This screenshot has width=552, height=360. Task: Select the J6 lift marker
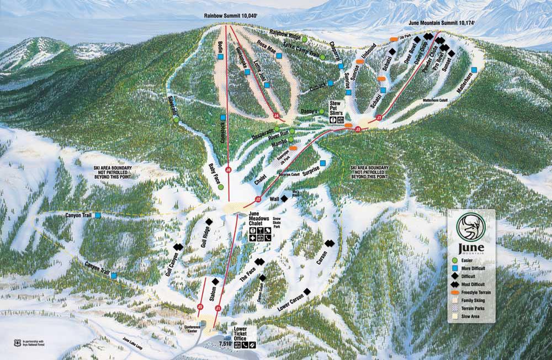[228, 170]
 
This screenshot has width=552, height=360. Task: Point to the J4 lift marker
[276, 115]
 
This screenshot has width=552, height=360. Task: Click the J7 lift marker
[379, 117]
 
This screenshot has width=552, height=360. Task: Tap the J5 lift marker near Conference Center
[200, 306]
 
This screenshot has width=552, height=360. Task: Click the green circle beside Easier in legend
[455, 260]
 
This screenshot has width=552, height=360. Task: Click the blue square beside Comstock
[222, 118]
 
